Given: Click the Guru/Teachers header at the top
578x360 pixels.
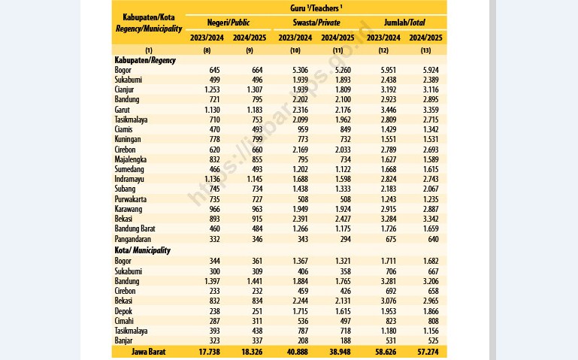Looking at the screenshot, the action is pos(316,8).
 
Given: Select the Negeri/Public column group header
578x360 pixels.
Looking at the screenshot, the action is pos(228,23).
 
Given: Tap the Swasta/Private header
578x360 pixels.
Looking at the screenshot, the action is pos(316,23).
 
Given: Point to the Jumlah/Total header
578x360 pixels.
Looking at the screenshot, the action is pos(404,23).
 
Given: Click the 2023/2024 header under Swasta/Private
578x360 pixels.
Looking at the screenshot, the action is pos(295,38).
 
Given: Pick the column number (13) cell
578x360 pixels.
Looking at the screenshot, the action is pos(425,50).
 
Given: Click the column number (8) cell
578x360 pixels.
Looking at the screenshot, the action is pos(207,50).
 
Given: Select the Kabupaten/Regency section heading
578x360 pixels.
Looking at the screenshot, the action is pos(145,60).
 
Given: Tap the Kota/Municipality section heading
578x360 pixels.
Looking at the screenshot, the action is pos(142,250).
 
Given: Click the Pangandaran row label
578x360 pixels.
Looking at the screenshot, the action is pos(132,239).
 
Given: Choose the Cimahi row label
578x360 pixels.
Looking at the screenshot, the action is pos(124,321).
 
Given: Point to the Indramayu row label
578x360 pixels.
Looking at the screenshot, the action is pos(129,179).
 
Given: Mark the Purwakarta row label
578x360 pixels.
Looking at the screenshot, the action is pos(131,199).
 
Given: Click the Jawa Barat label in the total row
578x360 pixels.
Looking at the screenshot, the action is pos(149,352).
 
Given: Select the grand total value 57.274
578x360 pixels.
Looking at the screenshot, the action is pos(428,352).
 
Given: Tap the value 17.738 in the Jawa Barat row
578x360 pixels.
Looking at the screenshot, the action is pos(209,352).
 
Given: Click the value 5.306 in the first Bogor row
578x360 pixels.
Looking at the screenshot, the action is pos(300,70).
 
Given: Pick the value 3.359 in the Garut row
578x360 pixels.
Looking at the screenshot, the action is pos(431,110).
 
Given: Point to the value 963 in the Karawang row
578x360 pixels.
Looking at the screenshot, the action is pos(257,209).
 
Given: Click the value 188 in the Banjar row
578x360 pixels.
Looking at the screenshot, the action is pos(346,341).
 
